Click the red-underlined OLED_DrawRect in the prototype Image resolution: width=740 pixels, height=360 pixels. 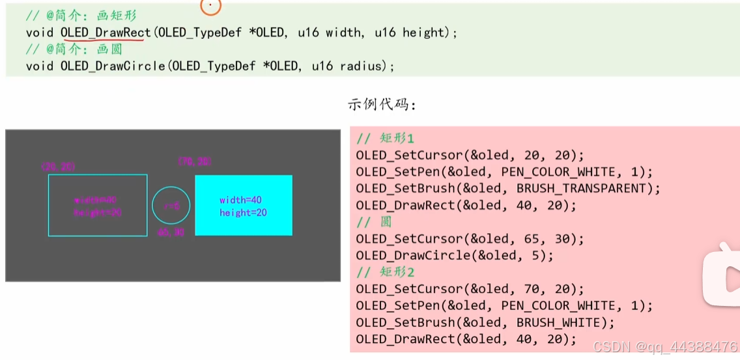tap(106, 32)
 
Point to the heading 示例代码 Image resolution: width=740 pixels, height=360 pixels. tap(382, 104)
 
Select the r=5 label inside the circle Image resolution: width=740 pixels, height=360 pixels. tap(171, 206)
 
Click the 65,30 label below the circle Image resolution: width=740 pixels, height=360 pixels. tap(171, 232)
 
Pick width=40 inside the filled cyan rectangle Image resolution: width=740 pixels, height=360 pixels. tap(240, 200)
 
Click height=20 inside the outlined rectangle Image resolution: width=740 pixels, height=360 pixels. tap(98, 213)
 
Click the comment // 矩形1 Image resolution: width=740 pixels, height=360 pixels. tap(385, 138)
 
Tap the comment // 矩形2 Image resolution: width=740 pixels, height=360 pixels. tap(385, 272)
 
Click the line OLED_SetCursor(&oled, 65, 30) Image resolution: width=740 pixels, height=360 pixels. tap(470, 238)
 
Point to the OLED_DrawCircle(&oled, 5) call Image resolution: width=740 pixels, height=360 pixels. tap(455, 255)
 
